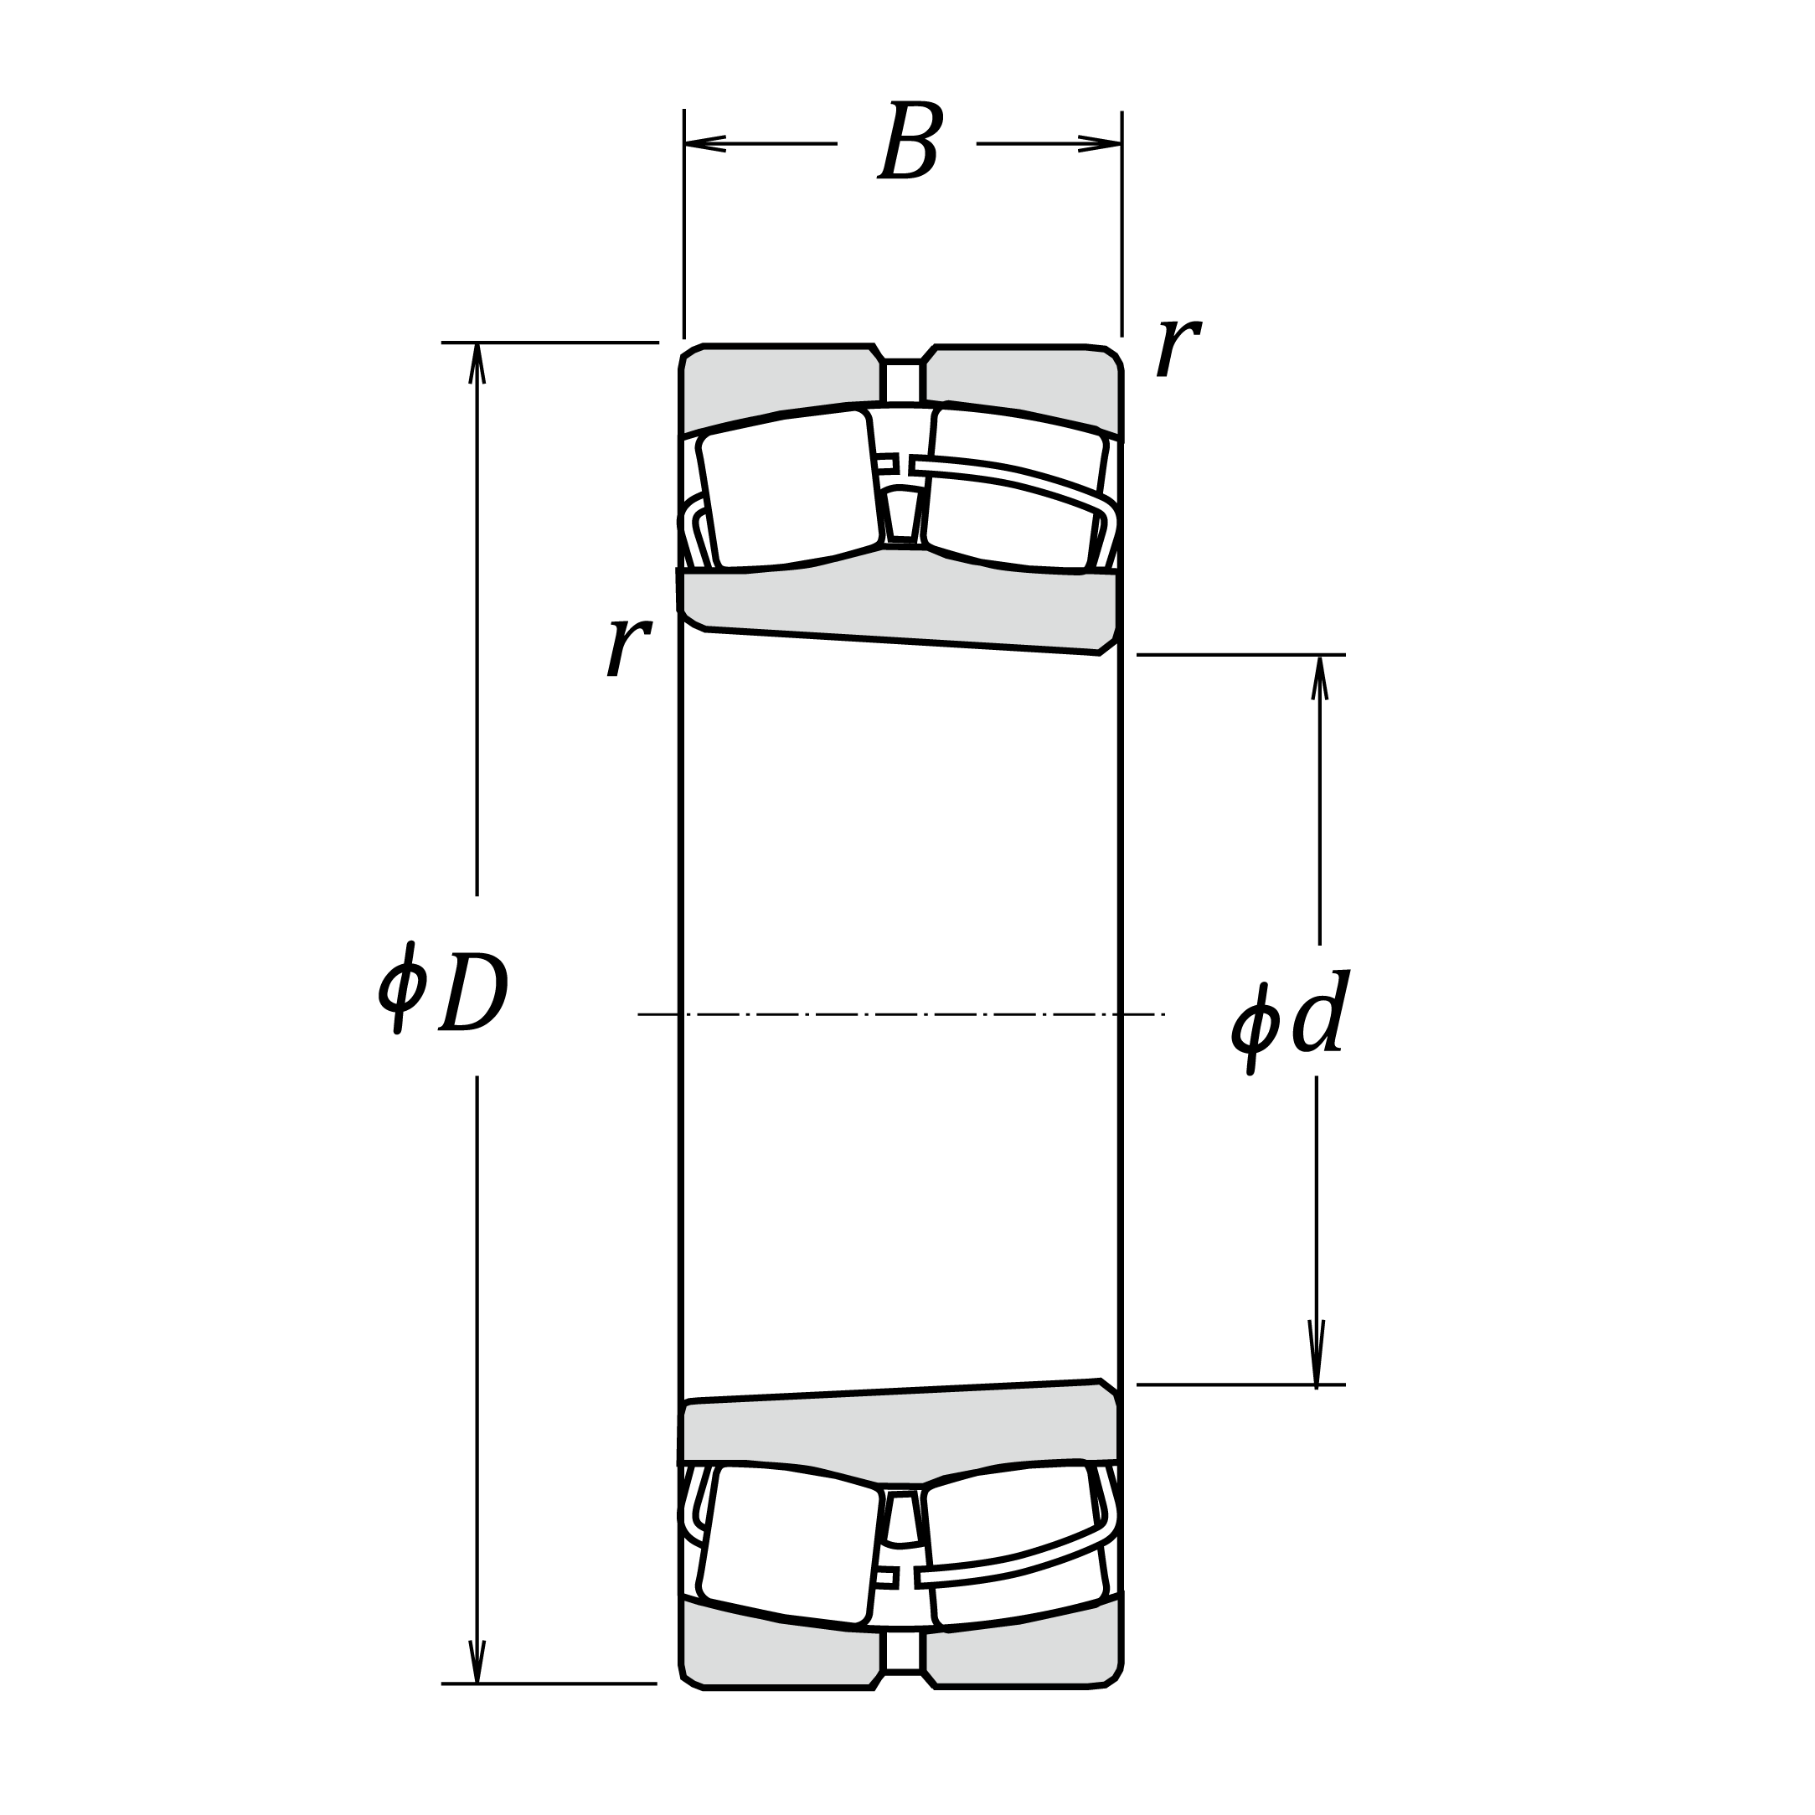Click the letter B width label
pyautogui.click(x=910, y=141)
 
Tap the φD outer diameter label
pyautogui.click(x=443, y=988)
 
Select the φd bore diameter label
pyautogui.click(x=1291, y=1022)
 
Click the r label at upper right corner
pyautogui.click(x=1178, y=346)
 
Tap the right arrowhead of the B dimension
pyautogui.click(x=1100, y=144)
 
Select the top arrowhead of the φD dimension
pyautogui.click(x=477, y=364)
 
